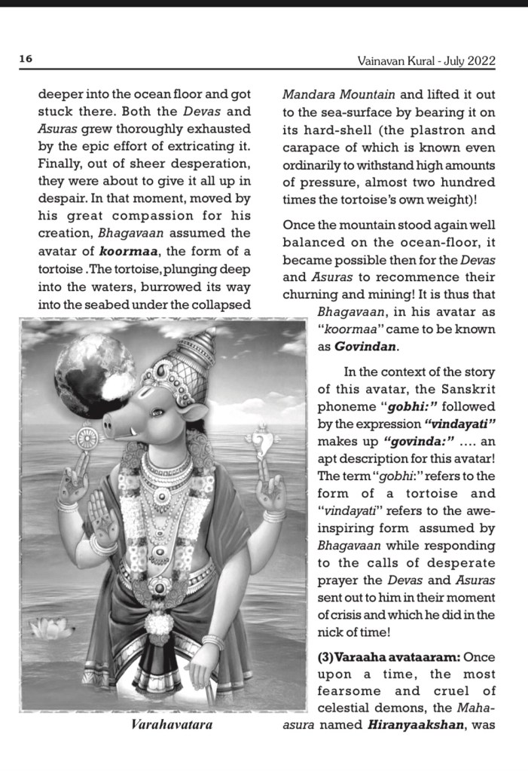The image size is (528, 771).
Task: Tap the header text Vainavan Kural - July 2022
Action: pos(426,60)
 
